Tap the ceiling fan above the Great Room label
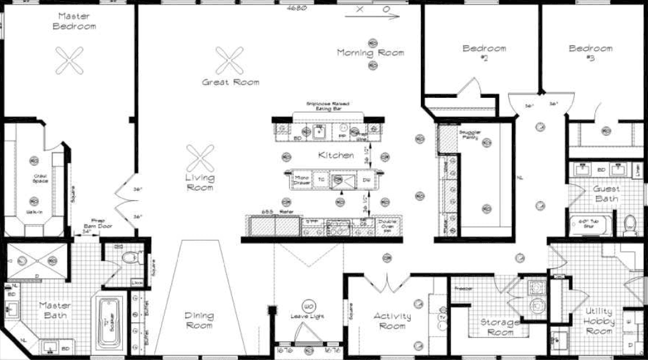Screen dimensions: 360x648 (230, 60)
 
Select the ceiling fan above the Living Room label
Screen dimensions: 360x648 (200, 157)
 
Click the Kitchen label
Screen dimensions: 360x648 (336, 155)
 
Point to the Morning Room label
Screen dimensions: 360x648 (370, 53)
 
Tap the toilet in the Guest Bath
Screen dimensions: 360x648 (630, 224)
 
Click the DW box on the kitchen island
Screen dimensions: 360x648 (366, 181)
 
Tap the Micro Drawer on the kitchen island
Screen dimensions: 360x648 (301, 181)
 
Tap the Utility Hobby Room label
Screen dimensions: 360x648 (598, 321)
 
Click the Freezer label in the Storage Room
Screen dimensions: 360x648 (463, 287)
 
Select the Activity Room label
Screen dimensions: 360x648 (392, 321)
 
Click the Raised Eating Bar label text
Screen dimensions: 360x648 (327, 106)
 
